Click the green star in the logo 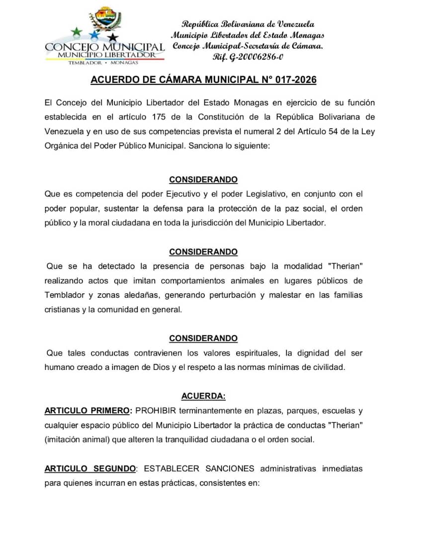point(77,32)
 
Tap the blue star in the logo point(94,35)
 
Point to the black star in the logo point(113,37)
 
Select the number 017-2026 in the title point(296,80)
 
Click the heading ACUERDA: point(203,396)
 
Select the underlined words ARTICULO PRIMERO point(87,411)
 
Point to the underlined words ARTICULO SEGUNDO point(90,468)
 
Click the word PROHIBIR point(156,411)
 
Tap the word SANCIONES point(230,468)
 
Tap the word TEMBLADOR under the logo point(85,63)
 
